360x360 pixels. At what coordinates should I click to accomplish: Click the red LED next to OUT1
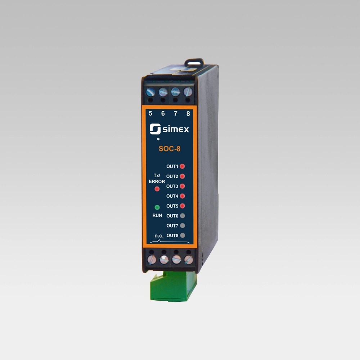182,166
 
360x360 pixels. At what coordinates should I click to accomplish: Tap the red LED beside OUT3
182,186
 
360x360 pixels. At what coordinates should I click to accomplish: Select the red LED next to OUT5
182,206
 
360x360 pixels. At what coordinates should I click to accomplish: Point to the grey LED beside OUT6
183,216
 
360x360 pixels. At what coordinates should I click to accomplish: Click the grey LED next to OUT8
183,235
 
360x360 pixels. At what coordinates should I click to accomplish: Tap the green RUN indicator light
157,207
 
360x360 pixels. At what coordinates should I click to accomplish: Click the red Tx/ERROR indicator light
157,189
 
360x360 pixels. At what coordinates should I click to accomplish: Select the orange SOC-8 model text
170,149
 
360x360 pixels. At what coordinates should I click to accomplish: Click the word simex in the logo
176,130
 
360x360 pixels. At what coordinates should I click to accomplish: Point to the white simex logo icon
155,129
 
